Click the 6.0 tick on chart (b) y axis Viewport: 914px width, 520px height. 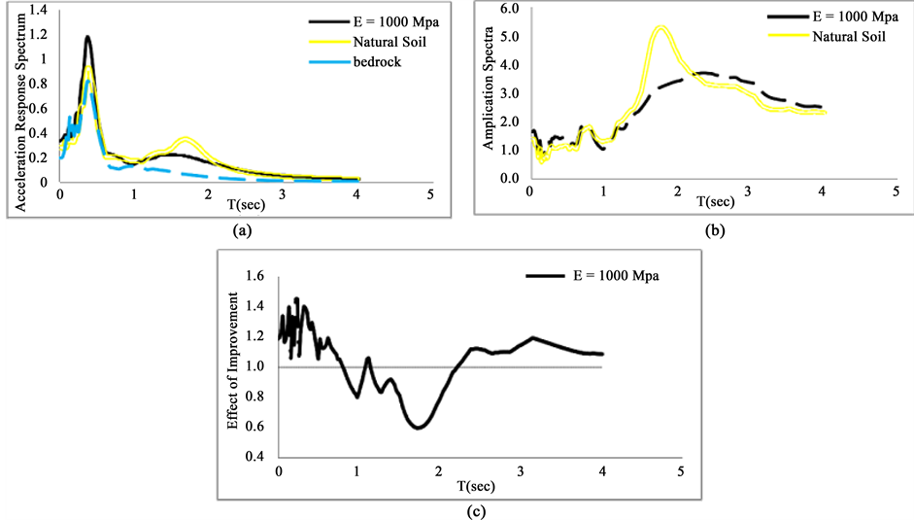click(x=510, y=9)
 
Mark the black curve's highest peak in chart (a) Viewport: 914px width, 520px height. click(x=87, y=37)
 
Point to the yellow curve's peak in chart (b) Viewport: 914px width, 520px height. click(x=660, y=27)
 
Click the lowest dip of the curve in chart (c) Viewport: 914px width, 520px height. click(x=419, y=428)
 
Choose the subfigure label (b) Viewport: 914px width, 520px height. click(x=714, y=231)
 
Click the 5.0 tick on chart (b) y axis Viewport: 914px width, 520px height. click(x=510, y=38)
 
